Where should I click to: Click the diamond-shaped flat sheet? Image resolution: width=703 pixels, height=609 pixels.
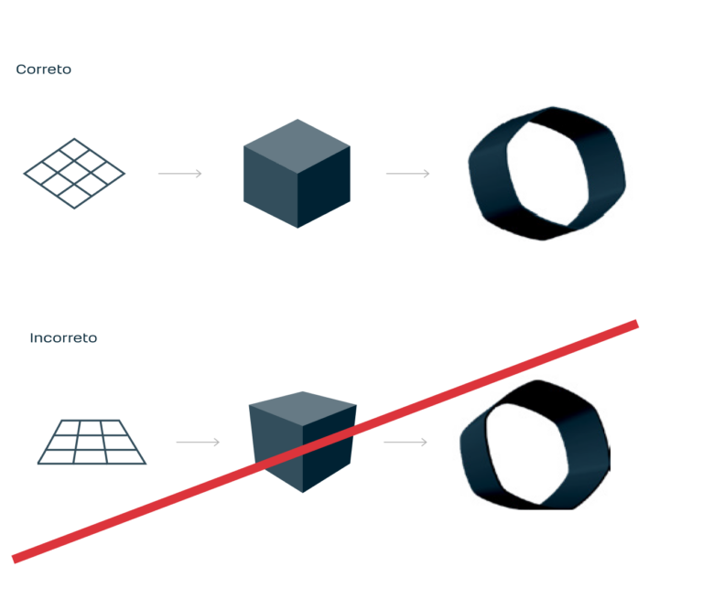click(x=73, y=176)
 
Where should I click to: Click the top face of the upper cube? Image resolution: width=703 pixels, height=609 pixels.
click(x=298, y=139)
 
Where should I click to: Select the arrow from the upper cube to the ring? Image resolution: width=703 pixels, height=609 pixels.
click(x=408, y=173)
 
